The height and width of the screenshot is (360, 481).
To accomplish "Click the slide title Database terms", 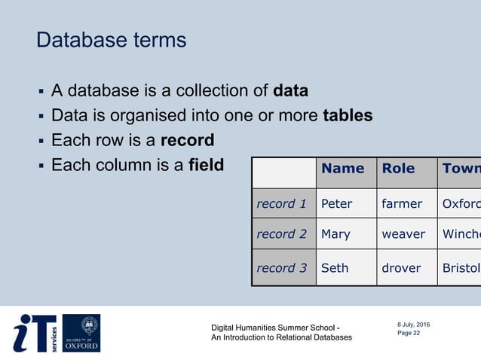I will tap(111, 40).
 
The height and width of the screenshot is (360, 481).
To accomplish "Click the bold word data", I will tap(290, 92).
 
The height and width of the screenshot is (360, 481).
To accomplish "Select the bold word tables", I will tap(348, 116).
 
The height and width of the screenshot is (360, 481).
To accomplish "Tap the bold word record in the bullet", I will tap(187, 140).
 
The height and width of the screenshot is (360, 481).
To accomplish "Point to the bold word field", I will tap(206, 164).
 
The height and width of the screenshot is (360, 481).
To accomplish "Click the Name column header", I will tap(342, 169).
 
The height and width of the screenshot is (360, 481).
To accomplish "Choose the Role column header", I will tap(398, 169).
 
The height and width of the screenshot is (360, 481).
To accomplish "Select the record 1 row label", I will tap(282, 203).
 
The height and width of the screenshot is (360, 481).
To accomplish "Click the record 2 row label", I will tap(282, 234).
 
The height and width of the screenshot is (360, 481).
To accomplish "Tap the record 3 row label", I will tap(282, 267).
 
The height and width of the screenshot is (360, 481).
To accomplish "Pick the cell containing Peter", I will tap(337, 203).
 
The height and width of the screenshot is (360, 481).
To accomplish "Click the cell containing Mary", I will tap(336, 234).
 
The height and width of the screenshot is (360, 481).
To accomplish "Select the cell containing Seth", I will tap(335, 267).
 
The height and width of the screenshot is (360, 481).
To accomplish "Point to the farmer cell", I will tap(403, 203).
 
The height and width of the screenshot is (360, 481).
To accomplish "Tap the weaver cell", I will tap(403, 234).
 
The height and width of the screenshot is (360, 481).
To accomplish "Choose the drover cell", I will tap(402, 267).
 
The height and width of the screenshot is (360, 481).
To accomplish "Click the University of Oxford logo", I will tap(81, 333).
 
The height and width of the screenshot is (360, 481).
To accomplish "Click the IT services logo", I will tap(34, 333).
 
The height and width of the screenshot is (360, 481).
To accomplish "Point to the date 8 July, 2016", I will tap(414, 325).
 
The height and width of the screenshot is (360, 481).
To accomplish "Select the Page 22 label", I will tap(409, 333).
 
